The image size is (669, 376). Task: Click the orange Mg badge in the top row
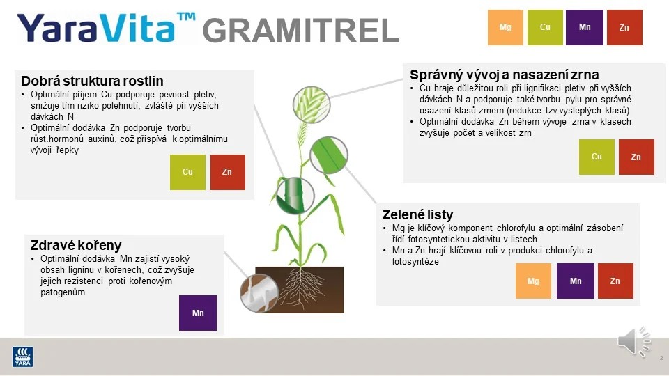click(x=505, y=27)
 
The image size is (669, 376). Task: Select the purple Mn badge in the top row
click(x=585, y=27)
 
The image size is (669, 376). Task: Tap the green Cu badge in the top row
click(x=546, y=27)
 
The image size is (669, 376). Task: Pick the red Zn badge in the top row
click(x=624, y=27)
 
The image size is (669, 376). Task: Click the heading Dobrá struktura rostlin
click(x=92, y=81)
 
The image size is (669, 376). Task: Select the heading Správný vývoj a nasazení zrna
click(x=504, y=75)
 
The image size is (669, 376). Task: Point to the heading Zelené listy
click(x=417, y=214)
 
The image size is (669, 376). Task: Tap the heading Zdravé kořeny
click(x=76, y=245)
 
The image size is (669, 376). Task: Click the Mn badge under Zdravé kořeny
click(x=198, y=313)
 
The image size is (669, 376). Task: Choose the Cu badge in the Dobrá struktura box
click(x=187, y=172)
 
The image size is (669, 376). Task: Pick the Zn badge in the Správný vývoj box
click(x=636, y=157)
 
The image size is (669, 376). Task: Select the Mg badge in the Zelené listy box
click(x=533, y=281)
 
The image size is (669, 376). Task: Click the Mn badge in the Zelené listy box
click(x=576, y=281)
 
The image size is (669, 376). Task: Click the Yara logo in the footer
click(x=23, y=356)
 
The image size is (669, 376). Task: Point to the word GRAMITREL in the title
click(x=300, y=31)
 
